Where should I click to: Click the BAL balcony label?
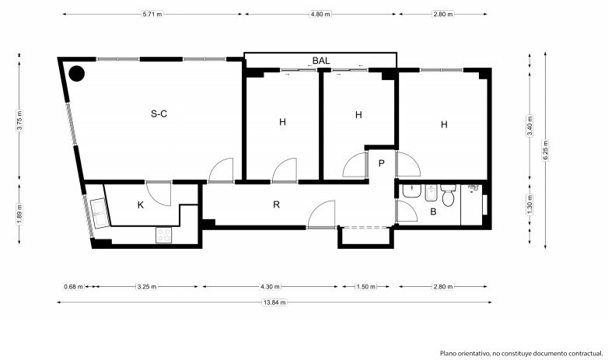tap(321, 61)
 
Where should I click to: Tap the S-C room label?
tap(159, 114)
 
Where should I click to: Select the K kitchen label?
tap(141, 204)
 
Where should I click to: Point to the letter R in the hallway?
tap(276, 204)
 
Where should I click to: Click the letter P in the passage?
tap(382, 163)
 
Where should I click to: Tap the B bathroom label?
tap(434, 211)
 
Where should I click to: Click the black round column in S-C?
tap(77, 74)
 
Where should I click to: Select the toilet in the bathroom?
tap(448, 195)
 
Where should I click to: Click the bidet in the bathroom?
tap(432, 193)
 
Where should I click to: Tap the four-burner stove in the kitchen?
tap(163, 235)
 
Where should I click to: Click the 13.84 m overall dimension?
tap(274, 302)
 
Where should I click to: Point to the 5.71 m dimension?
tap(152, 14)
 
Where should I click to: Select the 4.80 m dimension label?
tap(320, 14)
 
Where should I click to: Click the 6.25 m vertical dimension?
tap(545, 150)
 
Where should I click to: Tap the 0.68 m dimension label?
tap(73, 287)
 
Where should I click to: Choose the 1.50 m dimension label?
tap(365, 287)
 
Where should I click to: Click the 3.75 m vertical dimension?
tap(19, 121)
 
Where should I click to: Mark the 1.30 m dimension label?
tap(529, 204)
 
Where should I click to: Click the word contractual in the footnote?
tap(586, 354)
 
